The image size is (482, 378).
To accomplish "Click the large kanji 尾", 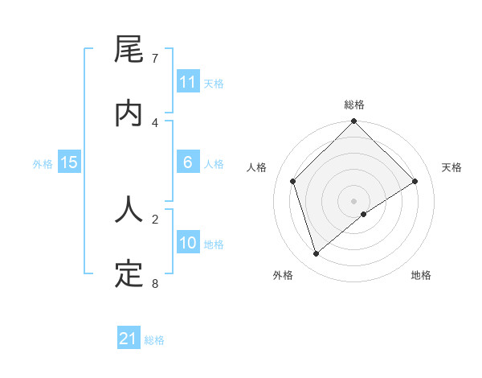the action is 129,52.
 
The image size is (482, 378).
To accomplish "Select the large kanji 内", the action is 129,113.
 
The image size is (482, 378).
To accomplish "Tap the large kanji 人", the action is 129,211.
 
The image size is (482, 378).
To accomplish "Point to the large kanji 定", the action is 129,273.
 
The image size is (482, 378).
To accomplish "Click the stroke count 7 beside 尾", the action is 154,59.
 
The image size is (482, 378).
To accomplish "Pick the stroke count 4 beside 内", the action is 154,122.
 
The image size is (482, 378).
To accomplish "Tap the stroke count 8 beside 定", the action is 154,282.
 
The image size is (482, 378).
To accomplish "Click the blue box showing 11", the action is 188,82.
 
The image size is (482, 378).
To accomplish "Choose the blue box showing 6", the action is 188,162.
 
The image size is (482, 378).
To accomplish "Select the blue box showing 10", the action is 188,243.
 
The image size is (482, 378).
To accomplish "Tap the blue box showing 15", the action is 69,162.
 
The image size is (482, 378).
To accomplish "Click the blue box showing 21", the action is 129,339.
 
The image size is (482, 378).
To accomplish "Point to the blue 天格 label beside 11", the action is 214,84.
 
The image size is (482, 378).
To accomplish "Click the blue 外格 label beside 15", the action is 43,164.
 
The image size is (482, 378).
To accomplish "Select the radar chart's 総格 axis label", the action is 354,105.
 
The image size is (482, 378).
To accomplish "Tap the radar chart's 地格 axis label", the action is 421,275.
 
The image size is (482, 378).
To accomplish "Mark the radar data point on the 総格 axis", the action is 354,122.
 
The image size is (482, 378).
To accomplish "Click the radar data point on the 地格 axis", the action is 364,214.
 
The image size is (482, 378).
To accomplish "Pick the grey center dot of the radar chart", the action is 354,200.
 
